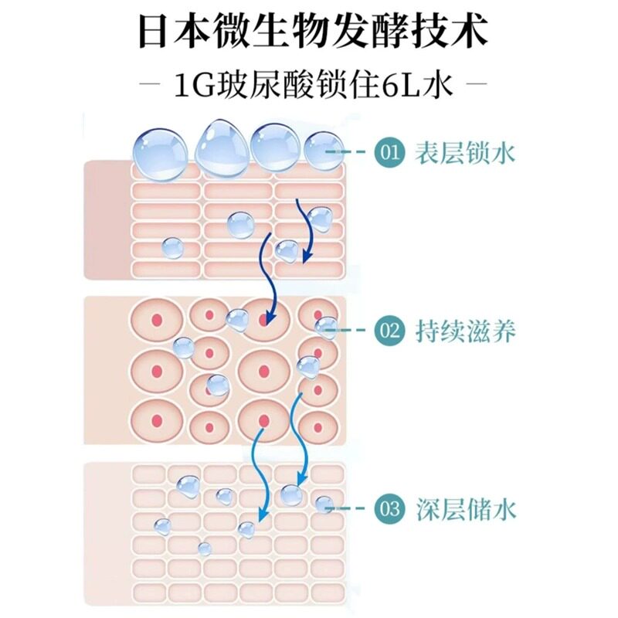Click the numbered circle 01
point(390,153)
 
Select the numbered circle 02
point(390,331)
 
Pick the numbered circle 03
point(390,508)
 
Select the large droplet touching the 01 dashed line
point(323,151)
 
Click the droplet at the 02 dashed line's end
point(325,328)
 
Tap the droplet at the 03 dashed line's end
point(324,506)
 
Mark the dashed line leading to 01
point(357,153)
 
